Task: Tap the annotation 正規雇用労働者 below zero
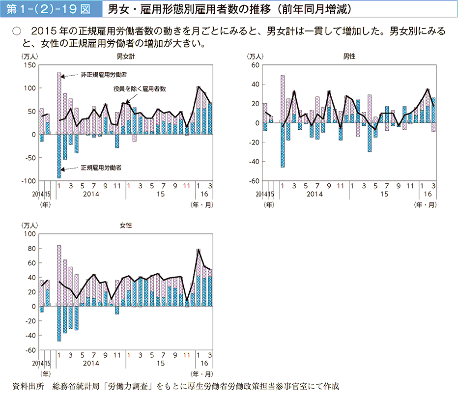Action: [101, 168]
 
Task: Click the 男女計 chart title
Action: [125, 57]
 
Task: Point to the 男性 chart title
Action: [349, 57]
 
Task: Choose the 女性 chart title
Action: [125, 226]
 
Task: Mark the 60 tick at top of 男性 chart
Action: [256, 65]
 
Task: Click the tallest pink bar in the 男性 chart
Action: [283, 98]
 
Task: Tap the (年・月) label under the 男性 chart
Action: [426, 203]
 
